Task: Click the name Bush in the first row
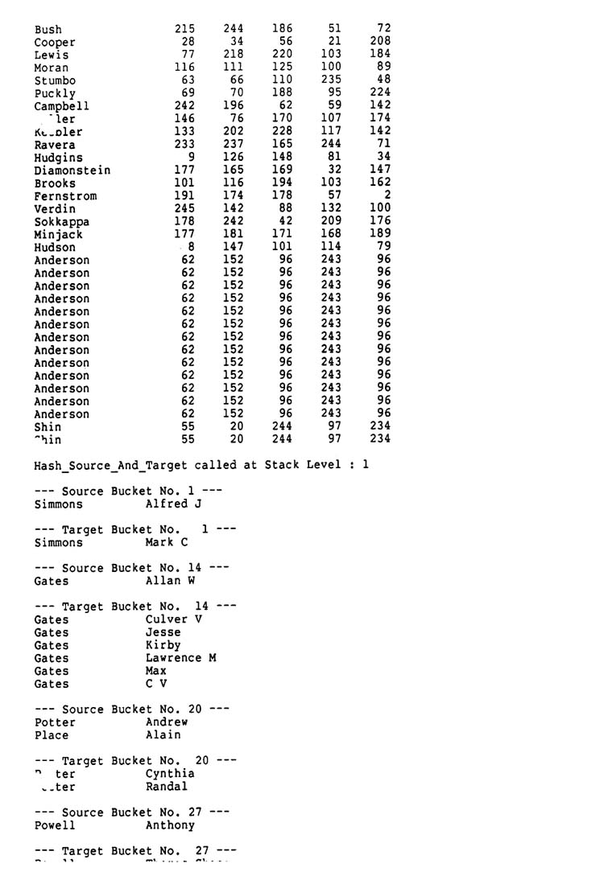coord(48,30)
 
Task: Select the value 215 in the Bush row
coord(184,29)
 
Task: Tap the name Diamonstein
coord(72,171)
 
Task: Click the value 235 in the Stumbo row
coord(331,80)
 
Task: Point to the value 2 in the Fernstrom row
coord(387,195)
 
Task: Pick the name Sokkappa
coord(62,222)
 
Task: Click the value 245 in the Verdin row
coord(184,208)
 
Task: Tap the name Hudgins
coord(59,158)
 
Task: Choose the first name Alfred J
coord(173,504)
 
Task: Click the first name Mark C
coord(167,543)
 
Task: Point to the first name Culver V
coord(174,620)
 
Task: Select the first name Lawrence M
coord(180,659)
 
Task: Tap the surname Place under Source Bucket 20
coord(52,735)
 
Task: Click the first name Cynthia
coord(170,774)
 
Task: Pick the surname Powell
coord(55,825)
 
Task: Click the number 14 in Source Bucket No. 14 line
coord(194,569)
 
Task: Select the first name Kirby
coord(163,646)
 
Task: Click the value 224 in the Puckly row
coord(380,93)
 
